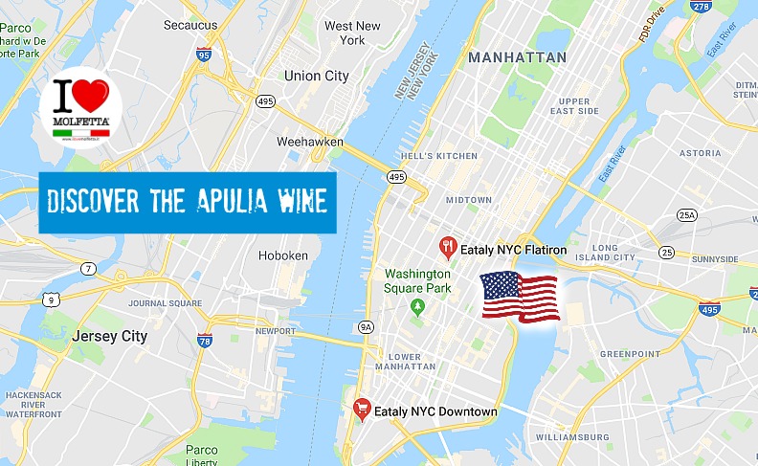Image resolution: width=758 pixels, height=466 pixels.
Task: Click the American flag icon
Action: pos(521,297)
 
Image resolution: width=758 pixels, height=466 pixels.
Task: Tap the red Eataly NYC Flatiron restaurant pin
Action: pos(447,249)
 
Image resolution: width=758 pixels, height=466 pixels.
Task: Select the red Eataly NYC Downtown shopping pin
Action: pos(362,410)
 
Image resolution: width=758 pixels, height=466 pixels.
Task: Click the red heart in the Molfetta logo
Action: pos(92,98)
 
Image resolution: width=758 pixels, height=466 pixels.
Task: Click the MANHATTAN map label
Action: pos(517,57)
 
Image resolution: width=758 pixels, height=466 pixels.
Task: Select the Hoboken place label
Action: pos(283,255)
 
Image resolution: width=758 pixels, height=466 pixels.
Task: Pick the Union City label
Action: pos(316,75)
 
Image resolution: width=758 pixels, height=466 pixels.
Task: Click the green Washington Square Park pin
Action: pos(417,306)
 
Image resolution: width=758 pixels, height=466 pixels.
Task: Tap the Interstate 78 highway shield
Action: pos(204,340)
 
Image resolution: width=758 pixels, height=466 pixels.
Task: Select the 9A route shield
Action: pos(366,327)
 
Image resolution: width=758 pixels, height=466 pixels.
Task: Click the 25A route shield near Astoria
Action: pos(687,215)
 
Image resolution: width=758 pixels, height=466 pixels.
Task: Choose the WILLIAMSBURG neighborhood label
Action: pos(571,436)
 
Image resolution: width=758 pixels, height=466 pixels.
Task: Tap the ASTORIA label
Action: pos(700,153)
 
